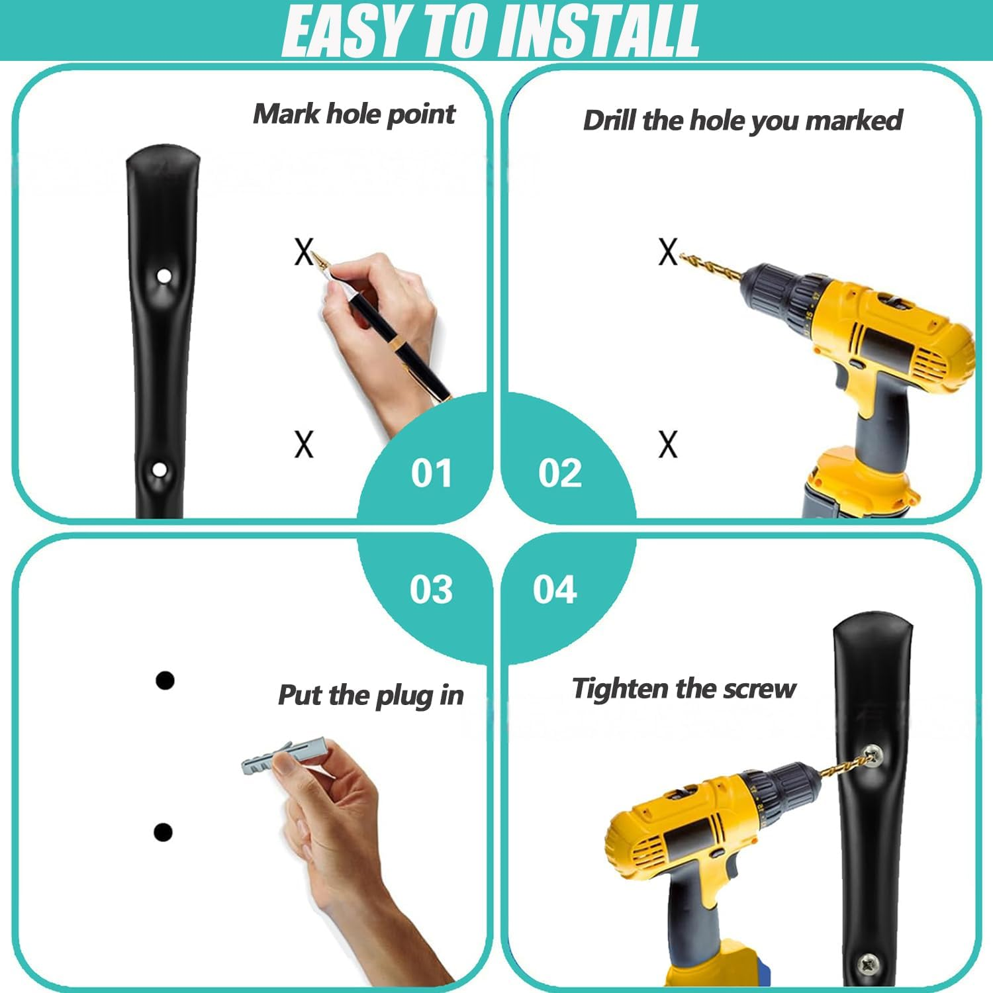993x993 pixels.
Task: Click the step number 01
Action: tap(431, 473)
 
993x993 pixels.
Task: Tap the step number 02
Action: tap(560, 473)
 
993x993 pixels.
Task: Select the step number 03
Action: tap(431, 589)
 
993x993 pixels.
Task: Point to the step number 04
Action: tap(555, 589)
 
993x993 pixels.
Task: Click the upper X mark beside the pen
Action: tap(304, 252)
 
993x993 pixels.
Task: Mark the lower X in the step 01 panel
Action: tap(304, 444)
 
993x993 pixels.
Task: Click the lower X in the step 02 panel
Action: tap(668, 444)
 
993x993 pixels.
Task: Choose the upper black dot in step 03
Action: tap(165, 680)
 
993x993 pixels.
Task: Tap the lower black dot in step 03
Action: tap(163, 832)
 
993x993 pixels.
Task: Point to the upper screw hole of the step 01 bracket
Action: tap(163, 275)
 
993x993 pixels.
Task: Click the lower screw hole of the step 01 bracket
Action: tap(160, 470)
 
